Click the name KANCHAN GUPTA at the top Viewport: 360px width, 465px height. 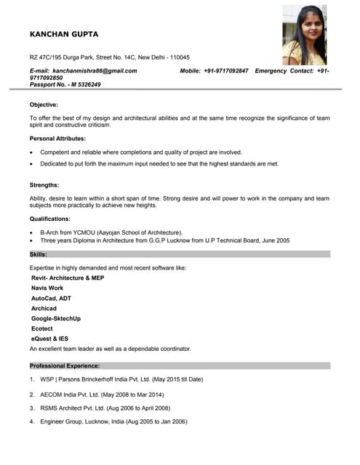coord(63,34)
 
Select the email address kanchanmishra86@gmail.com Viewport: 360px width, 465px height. coord(95,70)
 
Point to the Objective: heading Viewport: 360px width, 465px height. coord(44,105)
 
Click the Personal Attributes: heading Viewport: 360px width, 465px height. coord(57,138)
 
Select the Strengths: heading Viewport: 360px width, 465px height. coord(44,185)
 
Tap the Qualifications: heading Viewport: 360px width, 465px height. coord(50,219)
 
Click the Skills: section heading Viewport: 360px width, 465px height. coord(39,254)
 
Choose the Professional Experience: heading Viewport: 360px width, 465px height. coord(65,365)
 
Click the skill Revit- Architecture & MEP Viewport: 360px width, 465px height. coord(68,278)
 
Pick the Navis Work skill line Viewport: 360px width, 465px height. coord(47,288)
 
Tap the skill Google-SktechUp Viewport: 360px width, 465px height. coord(56,318)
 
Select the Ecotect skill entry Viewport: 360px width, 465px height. coord(42,328)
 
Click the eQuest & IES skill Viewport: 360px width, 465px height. coord(49,339)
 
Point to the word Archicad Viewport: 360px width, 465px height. coord(44,308)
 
